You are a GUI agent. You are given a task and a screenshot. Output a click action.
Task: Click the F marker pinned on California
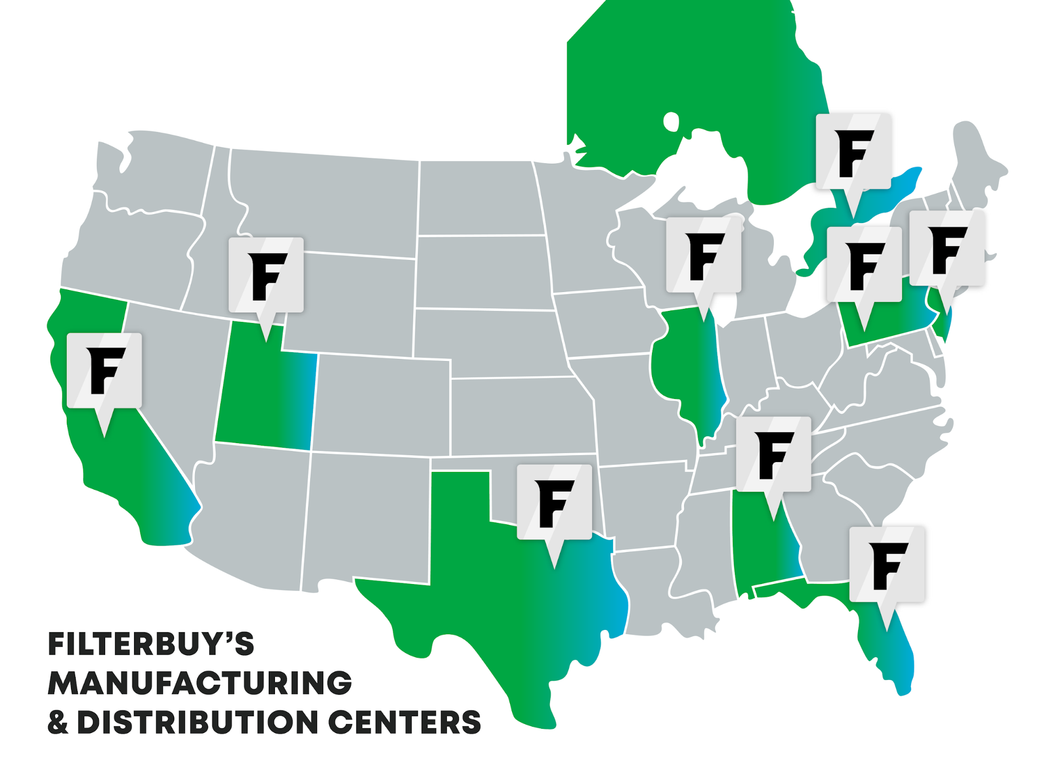(104, 370)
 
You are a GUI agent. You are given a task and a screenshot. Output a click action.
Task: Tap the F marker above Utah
(266, 275)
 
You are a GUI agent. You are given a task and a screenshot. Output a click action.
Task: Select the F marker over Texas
(554, 503)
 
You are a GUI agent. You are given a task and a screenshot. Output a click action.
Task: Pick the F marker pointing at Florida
(887, 565)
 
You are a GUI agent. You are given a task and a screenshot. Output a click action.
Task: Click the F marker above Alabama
(773, 455)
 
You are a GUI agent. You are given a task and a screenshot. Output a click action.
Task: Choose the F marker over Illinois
(703, 255)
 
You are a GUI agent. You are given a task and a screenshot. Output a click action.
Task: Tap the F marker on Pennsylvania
(864, 265)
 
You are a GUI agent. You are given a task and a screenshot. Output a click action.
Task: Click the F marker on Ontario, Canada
(853, 152)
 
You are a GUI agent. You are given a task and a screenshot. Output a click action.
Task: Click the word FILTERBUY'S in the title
(151, 644)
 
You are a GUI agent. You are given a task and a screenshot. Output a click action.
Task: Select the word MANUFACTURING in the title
(200, 683)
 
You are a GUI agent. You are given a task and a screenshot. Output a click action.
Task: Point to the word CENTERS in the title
(405, 722)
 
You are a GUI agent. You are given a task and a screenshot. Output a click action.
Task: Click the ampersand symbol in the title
(58, 722)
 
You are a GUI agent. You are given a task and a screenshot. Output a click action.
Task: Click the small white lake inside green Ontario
(671, 122)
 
